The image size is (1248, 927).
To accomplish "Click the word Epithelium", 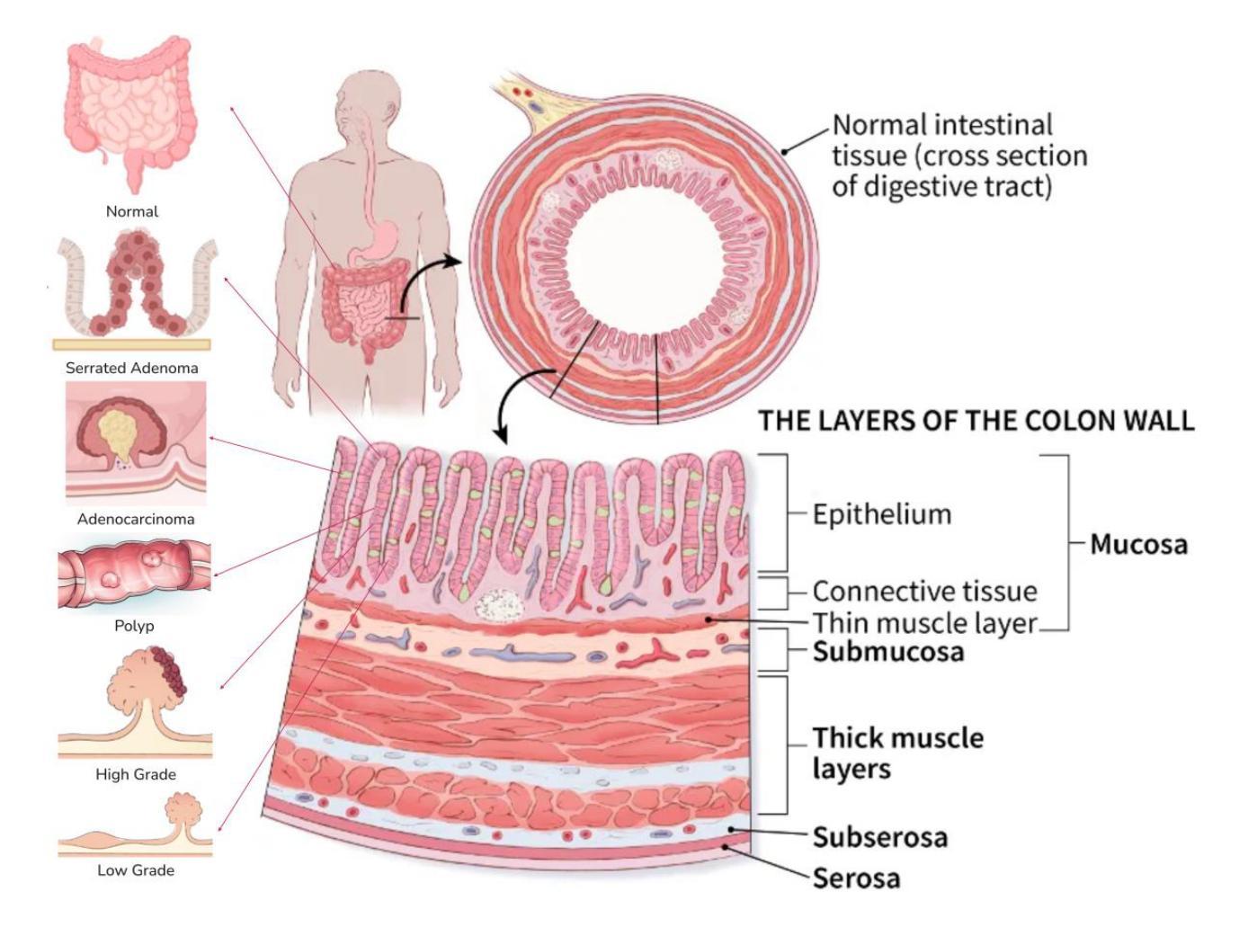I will [881, 514].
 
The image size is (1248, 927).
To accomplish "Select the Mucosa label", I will [1138, 544].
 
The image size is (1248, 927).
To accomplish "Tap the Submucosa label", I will [887, 651].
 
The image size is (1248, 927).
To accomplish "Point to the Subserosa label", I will [879, 837].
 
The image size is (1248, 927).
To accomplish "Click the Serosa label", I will [856, 878].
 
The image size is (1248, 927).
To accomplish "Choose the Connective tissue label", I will [924, 592].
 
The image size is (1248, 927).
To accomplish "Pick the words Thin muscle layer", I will [924, 622].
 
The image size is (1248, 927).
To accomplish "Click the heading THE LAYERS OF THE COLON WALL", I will [976, 420].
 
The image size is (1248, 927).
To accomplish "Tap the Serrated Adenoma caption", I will [131, 368].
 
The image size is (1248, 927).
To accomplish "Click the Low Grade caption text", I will [136, 870].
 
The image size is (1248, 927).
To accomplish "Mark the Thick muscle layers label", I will [897, 753].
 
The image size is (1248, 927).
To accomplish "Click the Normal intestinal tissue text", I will [958, 155].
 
